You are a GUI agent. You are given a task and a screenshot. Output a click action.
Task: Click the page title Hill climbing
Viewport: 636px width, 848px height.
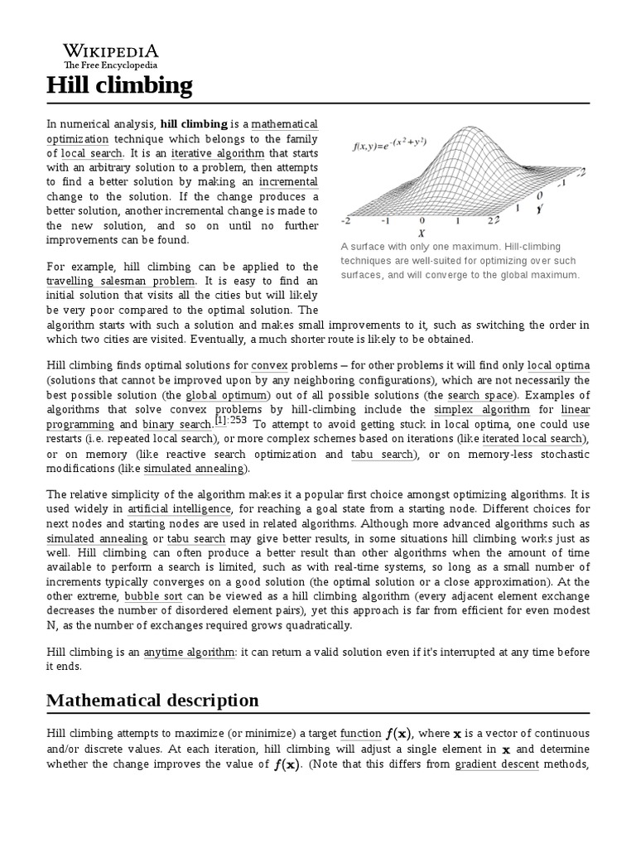pyautogui.click(x=119, y=84)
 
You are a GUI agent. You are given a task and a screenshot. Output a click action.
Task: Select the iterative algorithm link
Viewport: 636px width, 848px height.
pyautogui.click(x=219, y=153)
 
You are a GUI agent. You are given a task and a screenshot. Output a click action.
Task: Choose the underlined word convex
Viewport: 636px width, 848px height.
pyautogui.click(x=269, y=365)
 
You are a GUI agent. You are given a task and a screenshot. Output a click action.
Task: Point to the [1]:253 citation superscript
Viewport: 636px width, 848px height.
pyautogui.click(x=232, y=420)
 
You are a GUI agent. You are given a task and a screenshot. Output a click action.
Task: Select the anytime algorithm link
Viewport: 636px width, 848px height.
pyautogui.click(x=189, y=653)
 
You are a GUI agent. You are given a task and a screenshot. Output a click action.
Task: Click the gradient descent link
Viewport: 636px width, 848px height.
pyautogui.click(x=497, y=764)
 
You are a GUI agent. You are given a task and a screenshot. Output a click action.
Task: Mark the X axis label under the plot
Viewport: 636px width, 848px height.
pyautogui.click(x=422, y=233)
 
